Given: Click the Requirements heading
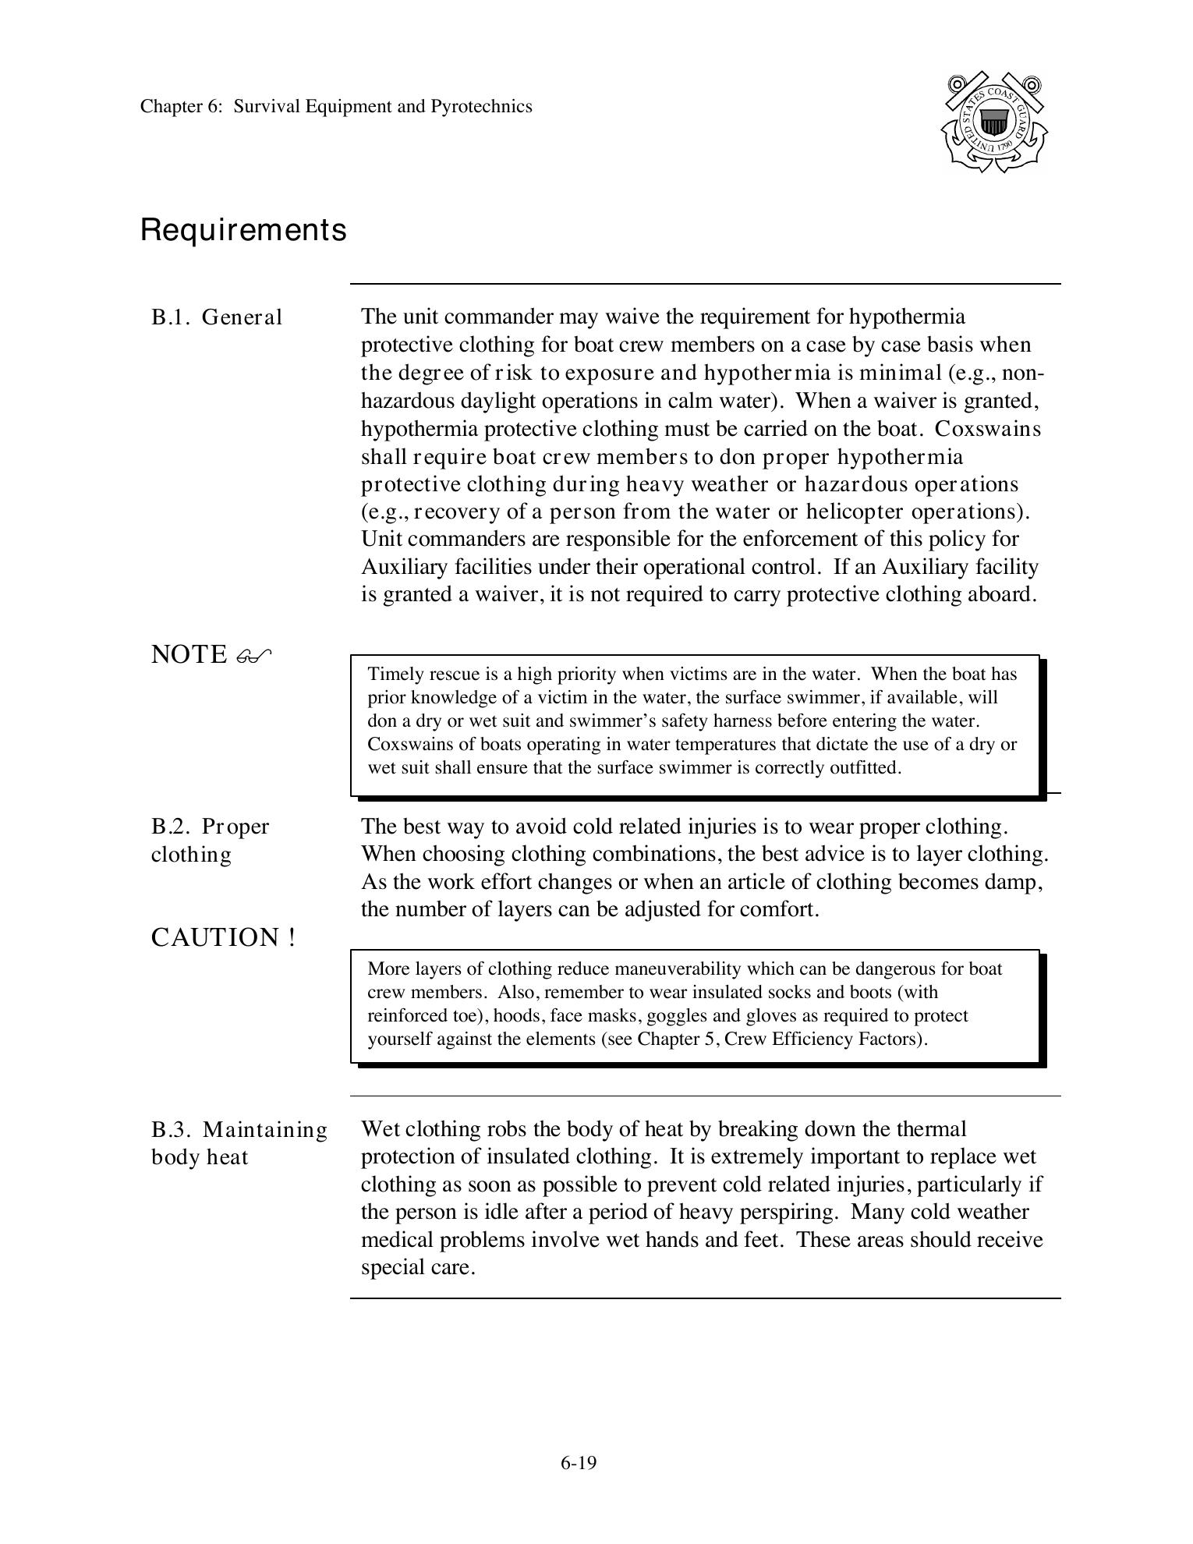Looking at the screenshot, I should click(x=243, y=230).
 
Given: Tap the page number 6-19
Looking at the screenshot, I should click(x=578, y=1463).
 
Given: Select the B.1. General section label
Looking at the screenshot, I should click(x=217, y=317).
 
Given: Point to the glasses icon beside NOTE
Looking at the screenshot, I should click(x=253, y=656).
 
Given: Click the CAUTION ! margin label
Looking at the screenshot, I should click(x=223, y=937).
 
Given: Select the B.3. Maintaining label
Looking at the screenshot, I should click(x=239, y=1129).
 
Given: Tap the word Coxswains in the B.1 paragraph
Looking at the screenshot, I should click(x=987, y=429).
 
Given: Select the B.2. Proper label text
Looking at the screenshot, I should click(x=210, y=827).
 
